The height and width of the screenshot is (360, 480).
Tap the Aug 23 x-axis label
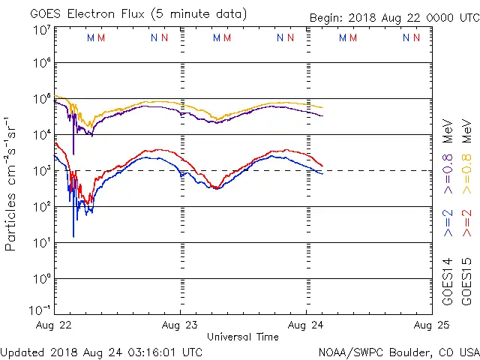coord(181,325)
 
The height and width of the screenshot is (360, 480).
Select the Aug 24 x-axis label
coord(306,325)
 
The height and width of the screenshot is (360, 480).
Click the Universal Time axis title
coord(243,337)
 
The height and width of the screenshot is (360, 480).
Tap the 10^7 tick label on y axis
coord(41,30)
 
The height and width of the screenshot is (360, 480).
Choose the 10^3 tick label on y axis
coord(41,171)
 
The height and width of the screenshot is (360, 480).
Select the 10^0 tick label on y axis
coord(41,279)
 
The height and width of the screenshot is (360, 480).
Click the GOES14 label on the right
coord(448,281)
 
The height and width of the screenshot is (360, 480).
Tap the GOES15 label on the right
coord(466,281)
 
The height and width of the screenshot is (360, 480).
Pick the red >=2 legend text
coord(466,223)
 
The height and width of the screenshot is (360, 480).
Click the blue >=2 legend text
coord(448,223)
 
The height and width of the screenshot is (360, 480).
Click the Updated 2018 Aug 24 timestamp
coord(101,351)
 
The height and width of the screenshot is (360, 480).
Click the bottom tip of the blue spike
coord(73,236)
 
